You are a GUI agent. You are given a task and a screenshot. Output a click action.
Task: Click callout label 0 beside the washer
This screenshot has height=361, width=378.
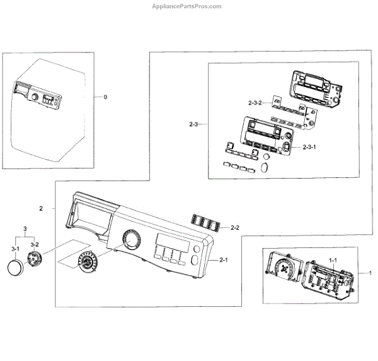106,97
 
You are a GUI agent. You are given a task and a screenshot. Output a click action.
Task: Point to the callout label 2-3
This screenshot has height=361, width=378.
194,125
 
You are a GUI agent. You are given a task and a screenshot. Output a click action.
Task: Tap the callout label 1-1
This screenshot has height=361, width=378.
332,260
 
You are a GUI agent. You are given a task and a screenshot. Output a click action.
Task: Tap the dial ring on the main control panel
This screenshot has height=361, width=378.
130,240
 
